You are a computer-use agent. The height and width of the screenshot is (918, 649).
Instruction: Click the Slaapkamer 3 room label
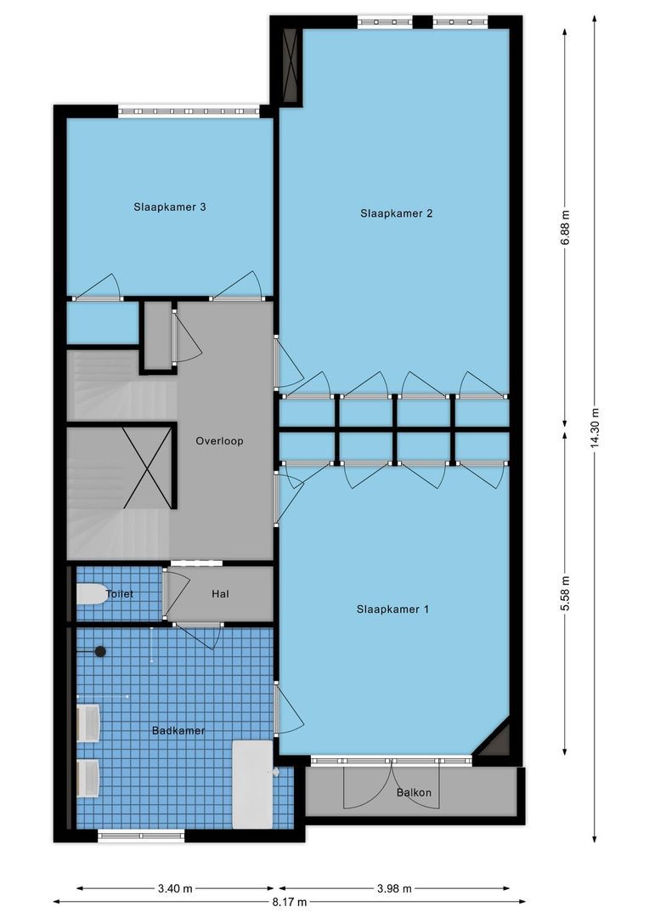[x=170, y=207]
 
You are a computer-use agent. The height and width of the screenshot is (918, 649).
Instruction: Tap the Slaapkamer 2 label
[x=396, y=213]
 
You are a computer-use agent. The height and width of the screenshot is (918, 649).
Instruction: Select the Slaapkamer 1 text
[x=392, y=609]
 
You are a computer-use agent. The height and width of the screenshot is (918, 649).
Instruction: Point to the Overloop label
[x=219, y=441]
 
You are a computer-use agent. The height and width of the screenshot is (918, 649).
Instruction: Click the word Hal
[x=220, y=593]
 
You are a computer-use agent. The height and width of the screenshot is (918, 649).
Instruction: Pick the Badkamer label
[x=178, y=730]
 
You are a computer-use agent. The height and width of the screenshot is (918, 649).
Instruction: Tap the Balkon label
[x=415, y=792]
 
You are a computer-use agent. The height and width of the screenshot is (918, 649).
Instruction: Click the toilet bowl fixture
[x=92, y=593]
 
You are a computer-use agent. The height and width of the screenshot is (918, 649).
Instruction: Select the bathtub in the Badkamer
[x=253, y=785]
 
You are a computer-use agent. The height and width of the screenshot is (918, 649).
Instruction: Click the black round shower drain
[x=100, y=651]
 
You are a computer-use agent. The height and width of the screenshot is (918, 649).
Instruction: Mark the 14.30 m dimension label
[x=595, y=428]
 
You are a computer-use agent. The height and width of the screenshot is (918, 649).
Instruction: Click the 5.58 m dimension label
[x=565, y=593]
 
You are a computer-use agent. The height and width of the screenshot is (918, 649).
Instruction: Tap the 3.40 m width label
[x=175, y=889]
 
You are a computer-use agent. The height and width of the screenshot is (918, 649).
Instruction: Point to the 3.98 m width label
[x=394, y=889]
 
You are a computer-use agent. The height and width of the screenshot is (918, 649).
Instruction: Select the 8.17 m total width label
[x=289, y=902]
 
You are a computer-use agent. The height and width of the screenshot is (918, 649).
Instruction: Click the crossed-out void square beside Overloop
[x=148, y=467]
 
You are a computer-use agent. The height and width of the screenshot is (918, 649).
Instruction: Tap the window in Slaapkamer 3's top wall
[x=189, y=111]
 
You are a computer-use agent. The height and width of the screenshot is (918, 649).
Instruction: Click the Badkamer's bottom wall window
[x=141, y=836]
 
